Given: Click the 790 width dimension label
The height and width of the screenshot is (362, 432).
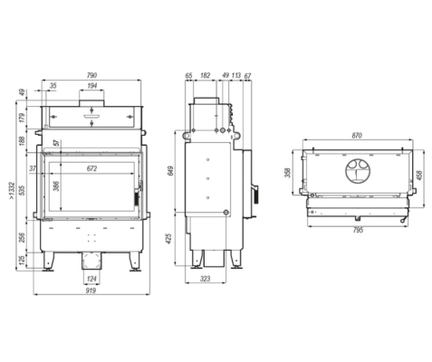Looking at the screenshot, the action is pos(92,75).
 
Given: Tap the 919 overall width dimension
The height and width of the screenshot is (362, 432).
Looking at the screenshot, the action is pos(91,291).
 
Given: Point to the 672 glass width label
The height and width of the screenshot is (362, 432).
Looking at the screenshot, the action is pos(91,168).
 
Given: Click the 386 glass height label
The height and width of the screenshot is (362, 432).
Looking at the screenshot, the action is pos(56,186).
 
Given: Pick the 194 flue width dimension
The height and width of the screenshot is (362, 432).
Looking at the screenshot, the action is pos(92,86).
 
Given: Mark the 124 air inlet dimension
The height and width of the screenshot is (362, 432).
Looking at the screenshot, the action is pos(91,279).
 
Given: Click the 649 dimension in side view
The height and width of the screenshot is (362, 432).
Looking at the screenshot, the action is pos(170,171).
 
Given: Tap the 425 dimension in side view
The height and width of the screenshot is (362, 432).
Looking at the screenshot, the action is pos(169,238).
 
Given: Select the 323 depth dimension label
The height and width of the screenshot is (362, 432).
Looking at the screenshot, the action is pos(205,279).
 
